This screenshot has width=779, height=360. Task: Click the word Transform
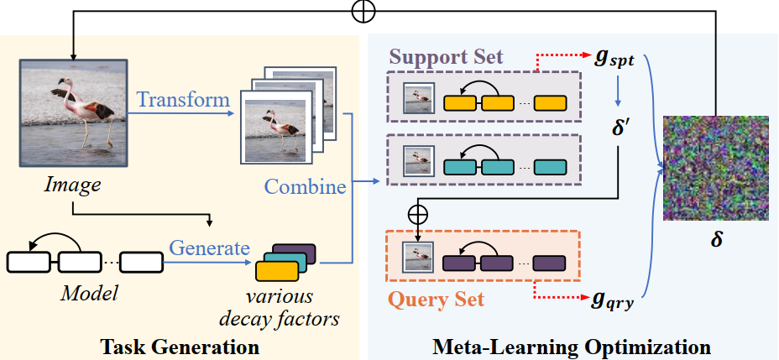tap(183, 100)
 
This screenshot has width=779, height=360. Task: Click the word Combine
tap(306, 185)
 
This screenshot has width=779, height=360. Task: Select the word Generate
tap(209, 248)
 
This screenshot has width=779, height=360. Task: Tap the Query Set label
tap(436, 299)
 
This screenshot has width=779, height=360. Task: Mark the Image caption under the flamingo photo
tap(73, 182)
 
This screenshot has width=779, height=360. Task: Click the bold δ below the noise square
tap(716, 240)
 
